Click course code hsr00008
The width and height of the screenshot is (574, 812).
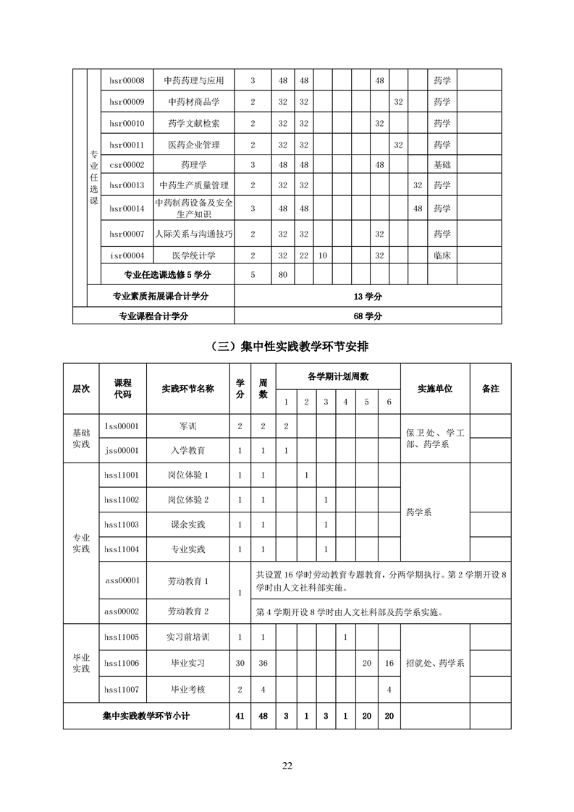click(x=127, y=80)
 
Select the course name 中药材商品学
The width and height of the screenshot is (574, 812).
click(x=194, y=102)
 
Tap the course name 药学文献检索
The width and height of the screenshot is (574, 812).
click(x=194, y=124)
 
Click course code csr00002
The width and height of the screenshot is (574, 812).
click(x=127, y=165)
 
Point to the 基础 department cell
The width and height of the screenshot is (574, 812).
click(x=442, y=165)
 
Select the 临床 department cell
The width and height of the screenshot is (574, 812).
click(x=442, y=255)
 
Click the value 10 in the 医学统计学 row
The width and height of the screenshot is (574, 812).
click(x=323, y=255)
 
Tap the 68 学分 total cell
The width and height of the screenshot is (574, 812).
click(x=368, y=316)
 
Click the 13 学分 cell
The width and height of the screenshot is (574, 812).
click(x=368, y=296)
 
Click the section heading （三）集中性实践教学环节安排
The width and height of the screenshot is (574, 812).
click(x=287, y=347)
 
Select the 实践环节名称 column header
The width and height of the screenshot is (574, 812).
click(x=187, y=389)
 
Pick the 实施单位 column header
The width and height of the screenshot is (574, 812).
click(x=435, y=389)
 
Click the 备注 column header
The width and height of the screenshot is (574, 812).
click(x=490, y=389)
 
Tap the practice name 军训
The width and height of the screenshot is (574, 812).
click(x=187, y=426)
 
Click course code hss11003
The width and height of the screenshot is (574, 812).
click(x=122, y=525)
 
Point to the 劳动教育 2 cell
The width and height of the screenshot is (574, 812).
click(x=187, y=612)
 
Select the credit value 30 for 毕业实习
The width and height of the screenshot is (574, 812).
click(x=240, y=663)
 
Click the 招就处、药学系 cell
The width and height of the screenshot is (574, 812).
click(x=435, y=663)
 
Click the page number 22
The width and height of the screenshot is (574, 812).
click(x=287, y=766)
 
